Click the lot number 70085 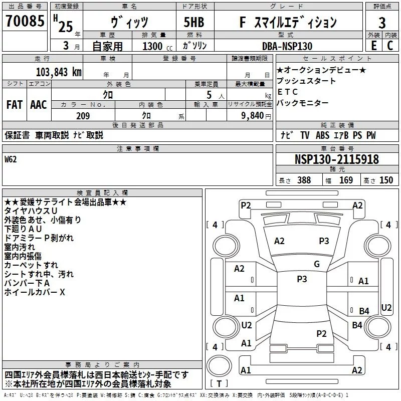tap(25, 22)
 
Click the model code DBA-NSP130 tap(287, 46)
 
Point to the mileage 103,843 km tap(59, 72)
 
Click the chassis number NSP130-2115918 tap(336, 159)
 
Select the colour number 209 tap(83, 116)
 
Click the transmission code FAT tap(14, 105)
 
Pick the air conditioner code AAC tap(39, 105)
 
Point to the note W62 tap(11, 159)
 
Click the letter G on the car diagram tap(317, 264)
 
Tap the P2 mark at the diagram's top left tap(246, 205)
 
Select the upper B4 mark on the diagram tap(364, 311)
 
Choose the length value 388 tap(304, 180)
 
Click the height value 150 tap(386, 180)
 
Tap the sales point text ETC tap(287, 92)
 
